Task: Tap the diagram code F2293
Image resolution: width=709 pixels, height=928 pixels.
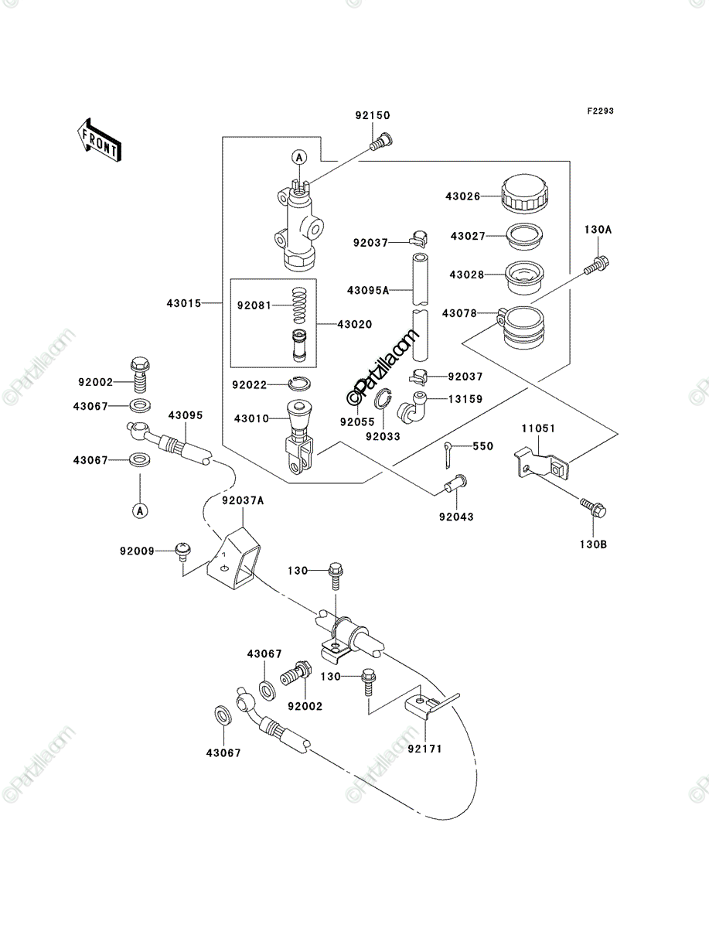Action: click(600, 111)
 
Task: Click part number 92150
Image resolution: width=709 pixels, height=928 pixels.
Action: click(372, 115)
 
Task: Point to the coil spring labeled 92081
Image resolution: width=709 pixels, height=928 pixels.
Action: click(299, 305)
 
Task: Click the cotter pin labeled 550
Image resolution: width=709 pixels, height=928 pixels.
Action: click(448, 455)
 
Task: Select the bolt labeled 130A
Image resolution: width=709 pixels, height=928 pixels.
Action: click(597, 265)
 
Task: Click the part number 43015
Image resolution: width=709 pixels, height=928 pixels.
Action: click(184, 303)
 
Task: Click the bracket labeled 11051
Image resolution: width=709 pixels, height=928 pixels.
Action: click(542, 464)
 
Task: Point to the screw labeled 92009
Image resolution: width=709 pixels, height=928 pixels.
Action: click(182, 551)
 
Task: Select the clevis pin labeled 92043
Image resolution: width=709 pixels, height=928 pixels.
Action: click(455, 483)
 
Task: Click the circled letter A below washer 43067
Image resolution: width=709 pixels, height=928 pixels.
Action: click(140, 510)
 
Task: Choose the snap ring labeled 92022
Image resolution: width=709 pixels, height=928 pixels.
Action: click(300, 384)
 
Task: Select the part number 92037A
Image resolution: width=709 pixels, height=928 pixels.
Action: click(243, 500)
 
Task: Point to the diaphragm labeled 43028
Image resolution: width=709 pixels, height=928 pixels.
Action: click(524, 277)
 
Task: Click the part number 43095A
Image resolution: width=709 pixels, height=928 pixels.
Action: click(368, 291)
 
